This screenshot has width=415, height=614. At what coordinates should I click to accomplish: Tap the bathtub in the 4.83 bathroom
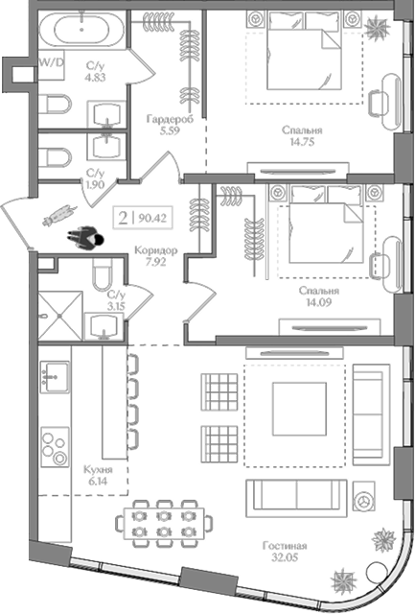(x=81, y=32)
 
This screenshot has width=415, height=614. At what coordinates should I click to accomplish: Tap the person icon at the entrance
(x=85, y=237)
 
